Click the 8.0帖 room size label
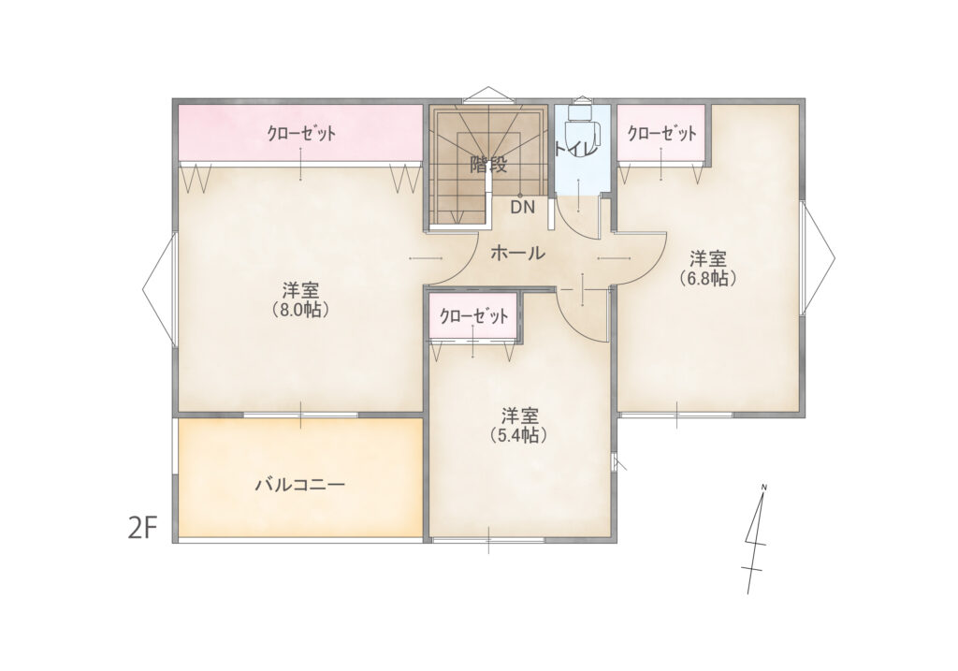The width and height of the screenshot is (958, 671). point(300,309)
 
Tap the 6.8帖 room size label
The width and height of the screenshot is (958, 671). point(708,278)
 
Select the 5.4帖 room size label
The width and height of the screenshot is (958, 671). point(518,435)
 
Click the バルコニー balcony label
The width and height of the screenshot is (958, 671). point(300,485)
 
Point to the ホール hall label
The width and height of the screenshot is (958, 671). point(517,253)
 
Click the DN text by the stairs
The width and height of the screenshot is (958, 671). point(522,207)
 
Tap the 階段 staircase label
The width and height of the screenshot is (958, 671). point(488,165)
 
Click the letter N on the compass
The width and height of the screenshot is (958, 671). point(763,487)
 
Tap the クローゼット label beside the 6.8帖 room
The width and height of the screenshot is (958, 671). point(661,133)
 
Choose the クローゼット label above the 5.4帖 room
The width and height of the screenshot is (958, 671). point(473,316)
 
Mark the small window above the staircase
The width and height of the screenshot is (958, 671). point(487,95)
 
